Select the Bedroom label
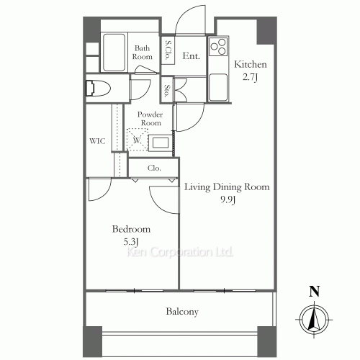[130, 230]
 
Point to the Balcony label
[182, 312]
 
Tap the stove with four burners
[217, 48]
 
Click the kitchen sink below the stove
[217, 87]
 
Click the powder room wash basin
[161, 142]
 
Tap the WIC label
[97, 141]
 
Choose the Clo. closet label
[154, 168]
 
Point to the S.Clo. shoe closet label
[167, 52]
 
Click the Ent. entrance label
[191, 55]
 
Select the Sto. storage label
[167, 91]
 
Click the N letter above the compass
[312, 292]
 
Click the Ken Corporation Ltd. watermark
[180, 253]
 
